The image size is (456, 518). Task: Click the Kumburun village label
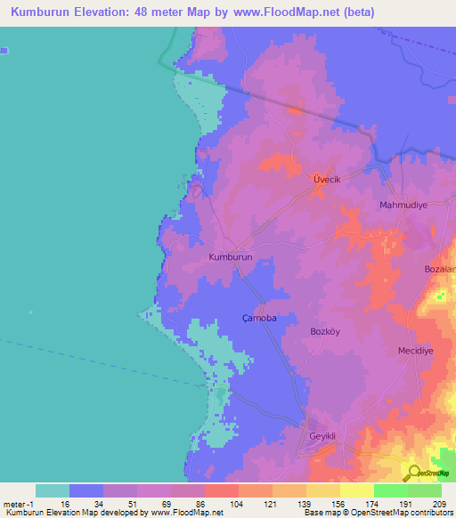tap(231, 256)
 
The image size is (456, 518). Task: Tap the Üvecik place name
tap(327, 179)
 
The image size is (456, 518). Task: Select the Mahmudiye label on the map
tap(403, 205)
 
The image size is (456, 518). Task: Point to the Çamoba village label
tap(259, 318)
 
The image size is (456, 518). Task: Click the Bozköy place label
tap(327, 331)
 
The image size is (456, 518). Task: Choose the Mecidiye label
tap(415, 351)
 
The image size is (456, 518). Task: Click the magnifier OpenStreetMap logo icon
tap(413, 473)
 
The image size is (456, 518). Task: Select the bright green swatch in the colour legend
tap(390, 490)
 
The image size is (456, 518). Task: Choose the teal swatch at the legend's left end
tap(53, 490)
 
